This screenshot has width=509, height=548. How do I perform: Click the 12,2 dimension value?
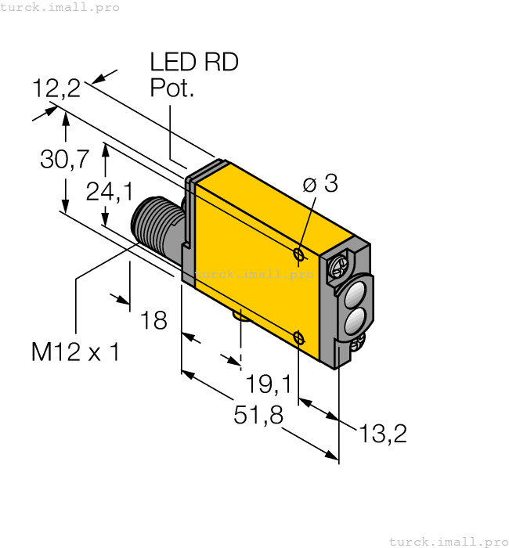coord(56,88)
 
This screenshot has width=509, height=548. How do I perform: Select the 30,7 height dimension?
coord(64,160)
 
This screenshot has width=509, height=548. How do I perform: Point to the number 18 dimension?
coord(153,319)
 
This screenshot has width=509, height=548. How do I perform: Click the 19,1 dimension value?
coord(268,384)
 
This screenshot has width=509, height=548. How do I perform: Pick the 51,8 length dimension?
coord(258,416)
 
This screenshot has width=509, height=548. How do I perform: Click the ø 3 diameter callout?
coord(319,184)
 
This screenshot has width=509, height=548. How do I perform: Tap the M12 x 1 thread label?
coord(75,352)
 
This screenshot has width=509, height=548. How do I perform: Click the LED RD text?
coord(193,63)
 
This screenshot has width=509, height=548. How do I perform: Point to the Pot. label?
coord(171,88)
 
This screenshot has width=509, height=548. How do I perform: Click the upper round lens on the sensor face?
coord(354,295)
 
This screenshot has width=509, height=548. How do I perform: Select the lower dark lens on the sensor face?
coord(354,319)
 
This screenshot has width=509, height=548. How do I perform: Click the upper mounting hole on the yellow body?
coord(298,254)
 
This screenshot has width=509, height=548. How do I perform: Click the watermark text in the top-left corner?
coord(60,7)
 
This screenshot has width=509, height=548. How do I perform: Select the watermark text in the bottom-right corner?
coord(448,541)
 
